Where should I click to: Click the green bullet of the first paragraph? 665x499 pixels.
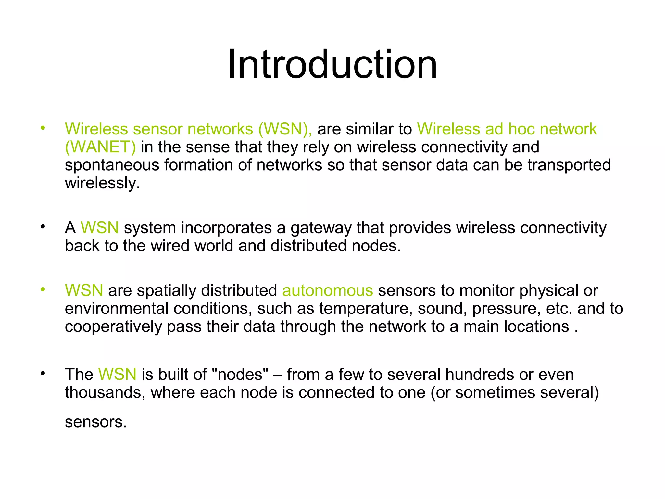pos(43,128)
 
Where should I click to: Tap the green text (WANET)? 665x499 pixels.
pos(100,147)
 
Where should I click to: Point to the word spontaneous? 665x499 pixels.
pos(112,165)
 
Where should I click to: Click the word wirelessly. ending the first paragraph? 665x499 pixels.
pos(102,183)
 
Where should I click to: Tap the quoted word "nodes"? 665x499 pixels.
pos(240,374)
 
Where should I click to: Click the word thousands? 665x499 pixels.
pos(105,392)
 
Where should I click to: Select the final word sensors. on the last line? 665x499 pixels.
pos(95,422)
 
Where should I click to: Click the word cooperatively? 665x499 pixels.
pos(113,327)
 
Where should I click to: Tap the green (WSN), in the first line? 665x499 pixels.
pos(285,129)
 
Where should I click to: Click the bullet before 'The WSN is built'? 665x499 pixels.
pos(43,374)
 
